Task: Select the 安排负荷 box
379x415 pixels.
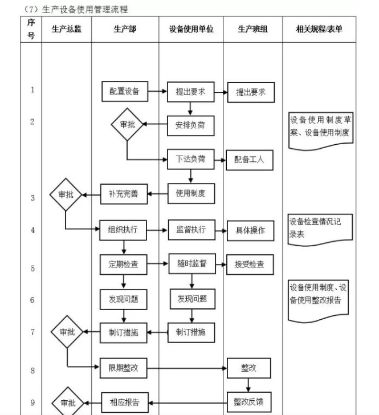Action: point(190,125)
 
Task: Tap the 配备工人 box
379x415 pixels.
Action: point(249,160)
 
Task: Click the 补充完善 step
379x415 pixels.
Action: point(124,194)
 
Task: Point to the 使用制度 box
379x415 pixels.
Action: point(190,194)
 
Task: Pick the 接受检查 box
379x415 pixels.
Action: point(250,264)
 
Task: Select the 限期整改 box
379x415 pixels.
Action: point(123,368)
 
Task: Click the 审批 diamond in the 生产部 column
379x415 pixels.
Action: point(127,125)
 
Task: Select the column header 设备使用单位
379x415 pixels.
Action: point(191,29)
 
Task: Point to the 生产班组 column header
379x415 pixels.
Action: point(252,29)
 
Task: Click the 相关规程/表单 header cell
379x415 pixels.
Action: point(319,29)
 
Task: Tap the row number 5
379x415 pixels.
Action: point(32,268)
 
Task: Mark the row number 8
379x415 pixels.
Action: point(32,371)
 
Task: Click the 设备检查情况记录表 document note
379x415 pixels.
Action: point(319,229)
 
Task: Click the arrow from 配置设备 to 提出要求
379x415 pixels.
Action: point(157,91)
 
